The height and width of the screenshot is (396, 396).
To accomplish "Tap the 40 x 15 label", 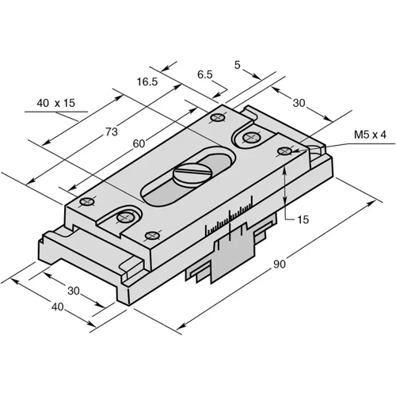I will coord(55,103).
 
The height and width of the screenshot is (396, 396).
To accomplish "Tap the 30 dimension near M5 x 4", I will coord(300,103).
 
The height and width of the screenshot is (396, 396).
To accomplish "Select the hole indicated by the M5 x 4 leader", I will coord(284,150).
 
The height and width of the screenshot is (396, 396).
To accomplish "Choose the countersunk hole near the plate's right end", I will coord(252,139).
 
